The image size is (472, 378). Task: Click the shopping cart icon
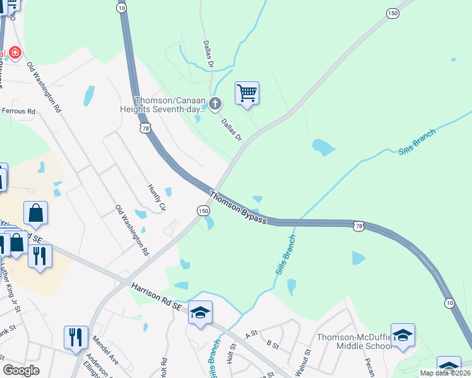point(247,93)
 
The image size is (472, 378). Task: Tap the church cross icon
point(215,103)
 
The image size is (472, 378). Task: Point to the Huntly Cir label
point(156,197)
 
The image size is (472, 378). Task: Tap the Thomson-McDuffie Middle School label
point(354,341)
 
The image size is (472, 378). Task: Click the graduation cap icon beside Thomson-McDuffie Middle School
point(403,335)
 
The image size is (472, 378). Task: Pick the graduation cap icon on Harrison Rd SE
point(200,312)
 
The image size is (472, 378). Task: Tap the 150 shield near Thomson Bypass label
point(203,210)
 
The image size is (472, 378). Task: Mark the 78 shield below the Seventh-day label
point(146,128)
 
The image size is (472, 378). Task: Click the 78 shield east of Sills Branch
point(358,226)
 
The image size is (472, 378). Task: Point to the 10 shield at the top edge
point(122,6)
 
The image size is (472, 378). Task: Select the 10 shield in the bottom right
point(449,304)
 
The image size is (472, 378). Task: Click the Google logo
point(21,370)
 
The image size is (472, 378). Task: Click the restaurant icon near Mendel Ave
point(76,337)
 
